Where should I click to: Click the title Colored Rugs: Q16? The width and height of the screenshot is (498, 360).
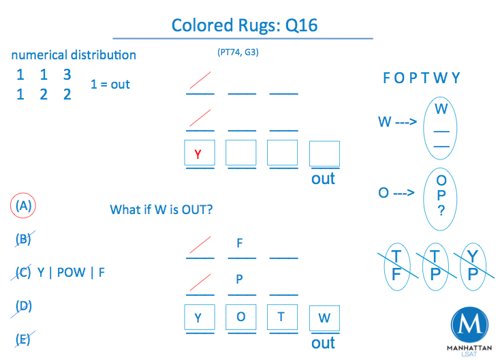click(x=244, y=26)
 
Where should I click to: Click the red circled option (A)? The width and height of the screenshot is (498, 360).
click(x=24, y=205)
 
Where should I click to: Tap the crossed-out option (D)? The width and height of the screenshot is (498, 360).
click(x=24, y=306)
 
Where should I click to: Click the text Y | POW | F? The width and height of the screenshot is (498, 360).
click(x=72, y=273)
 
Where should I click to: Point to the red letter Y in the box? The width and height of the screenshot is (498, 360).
click(x=198, y=154)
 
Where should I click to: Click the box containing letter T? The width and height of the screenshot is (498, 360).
click(x=283, y=318)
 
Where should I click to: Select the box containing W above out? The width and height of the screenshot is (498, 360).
click(x=324, y=318)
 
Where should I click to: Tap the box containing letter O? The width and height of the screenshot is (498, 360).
click(x=240, y=318)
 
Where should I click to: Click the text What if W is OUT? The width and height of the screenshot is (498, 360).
click(x=161, y=209)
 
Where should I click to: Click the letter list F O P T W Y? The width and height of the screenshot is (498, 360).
click(x=421, y=78)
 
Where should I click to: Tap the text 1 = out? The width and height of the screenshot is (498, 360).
click(x=110, y=85)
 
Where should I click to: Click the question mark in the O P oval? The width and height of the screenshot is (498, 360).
click(x=441, y=211)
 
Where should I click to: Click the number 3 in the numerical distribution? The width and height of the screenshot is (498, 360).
click(x=67, y=74)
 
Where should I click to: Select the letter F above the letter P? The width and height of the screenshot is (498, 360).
click(x=240, y=243)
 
